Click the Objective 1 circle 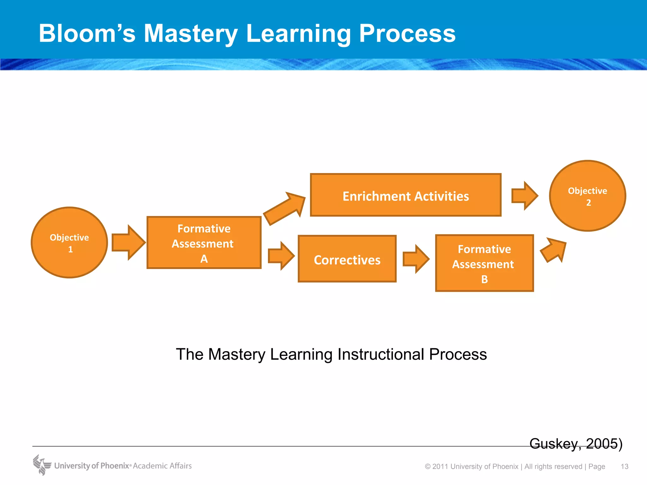[70, 242]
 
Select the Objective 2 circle [588, 196]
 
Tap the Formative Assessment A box [204, 242]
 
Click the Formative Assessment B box [484, 263]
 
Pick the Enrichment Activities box [406, 195]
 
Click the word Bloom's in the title [87, 33]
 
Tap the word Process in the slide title [407, 33]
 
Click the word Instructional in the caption [380, 354]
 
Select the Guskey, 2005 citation [576, 444]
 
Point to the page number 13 [624, 466]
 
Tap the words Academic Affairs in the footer [162, 466]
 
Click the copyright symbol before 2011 [428, 467]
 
